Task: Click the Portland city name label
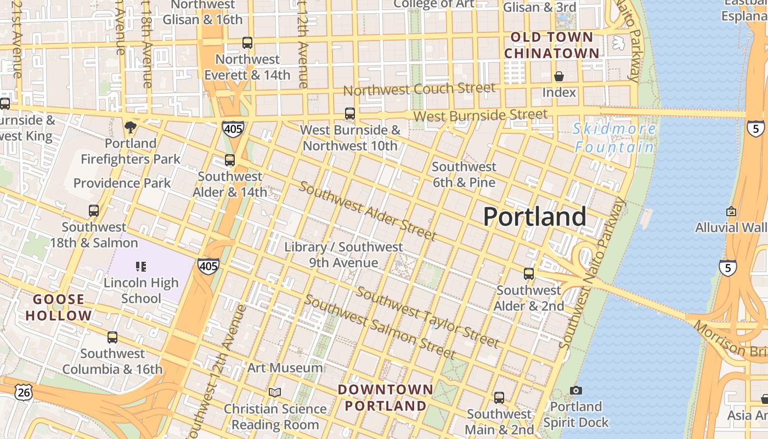click(x=535, y=217)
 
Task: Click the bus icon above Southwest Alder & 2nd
click(x=529, y=273)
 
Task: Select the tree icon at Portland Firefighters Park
click(x=131, y=127)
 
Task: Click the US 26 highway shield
click(x=24, y=392)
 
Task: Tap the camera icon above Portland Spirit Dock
click(x=575, y=390)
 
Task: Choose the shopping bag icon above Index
click(x=559, y=76)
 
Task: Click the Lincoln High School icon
click(x=141, y=267)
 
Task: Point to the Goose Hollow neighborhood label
click(x=59, y=308)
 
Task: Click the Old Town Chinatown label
click(x=551, y=46)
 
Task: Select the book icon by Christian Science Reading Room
click(x=275, y=392)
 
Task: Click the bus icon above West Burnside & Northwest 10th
click(x=350, y=114)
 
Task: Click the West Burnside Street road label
click(x=480, y=115)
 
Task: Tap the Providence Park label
click(x=122, y=183)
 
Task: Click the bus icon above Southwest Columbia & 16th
click(x=112, y=337)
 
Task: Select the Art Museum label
click(x=285, y=368)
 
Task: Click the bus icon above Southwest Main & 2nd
click(x=499, y=397)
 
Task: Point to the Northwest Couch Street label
click(x=419, y=89)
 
